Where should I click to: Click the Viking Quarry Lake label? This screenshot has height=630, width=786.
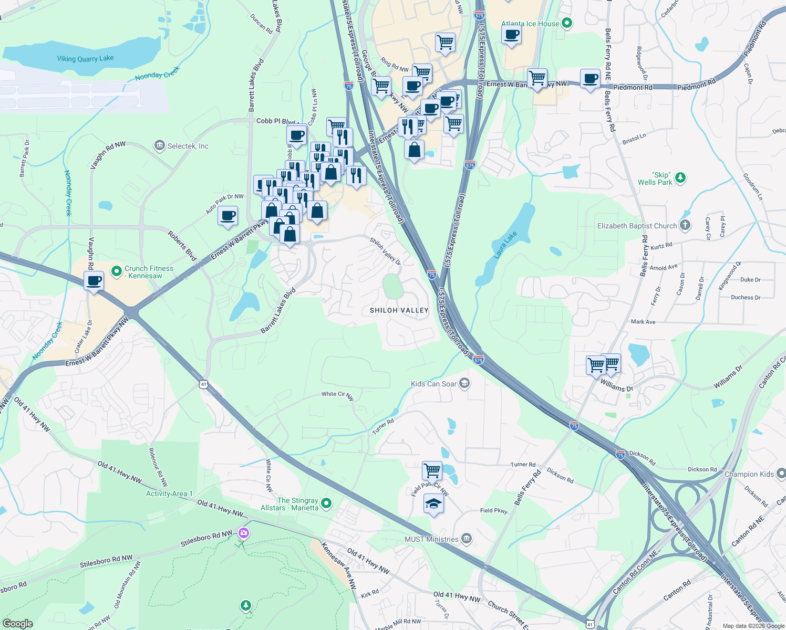pyautogui.click(x=85, y=58)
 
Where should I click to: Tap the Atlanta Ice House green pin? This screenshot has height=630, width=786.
pyautogui.click(x=566, y=23)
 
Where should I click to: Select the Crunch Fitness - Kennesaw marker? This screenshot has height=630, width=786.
pyautogui.click(x=117, y=271)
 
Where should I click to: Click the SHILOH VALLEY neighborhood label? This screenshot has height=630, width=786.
pyautogui.click(x=399, y=310)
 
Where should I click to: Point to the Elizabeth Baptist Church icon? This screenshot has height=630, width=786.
pyautogui.click(x=685, y=226)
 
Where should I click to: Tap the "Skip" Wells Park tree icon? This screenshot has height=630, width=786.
pyautogui.click(x=680, y=178)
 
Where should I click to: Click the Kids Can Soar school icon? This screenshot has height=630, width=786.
pyautogui.click(x=464, y=384)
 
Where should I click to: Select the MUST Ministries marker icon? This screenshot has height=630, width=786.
pyautogui.click(x=466, y=539)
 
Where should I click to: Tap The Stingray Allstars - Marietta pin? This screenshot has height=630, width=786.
pyautogui.click(x=326, y=504)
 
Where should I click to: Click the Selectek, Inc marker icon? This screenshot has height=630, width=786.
pyautogui.click(x=160, y=145)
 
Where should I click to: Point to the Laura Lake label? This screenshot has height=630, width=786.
pyautogui.click(x=505, y=245)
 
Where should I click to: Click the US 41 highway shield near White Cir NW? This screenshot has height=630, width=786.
pyautogui.click(x=204, y=384)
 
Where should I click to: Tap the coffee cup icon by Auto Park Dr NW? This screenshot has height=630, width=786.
pyautogui.click(x=228, y=215)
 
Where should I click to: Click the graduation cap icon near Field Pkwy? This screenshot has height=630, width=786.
pyautogui.click(x=433, y=504)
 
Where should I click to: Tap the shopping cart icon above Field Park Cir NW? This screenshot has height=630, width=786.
pyautogui.click(x=432, y=470)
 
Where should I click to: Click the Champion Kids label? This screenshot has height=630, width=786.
pyautogui.click(x=749, y=474)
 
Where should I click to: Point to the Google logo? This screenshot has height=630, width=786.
pyautogui.click(x=18, y=623)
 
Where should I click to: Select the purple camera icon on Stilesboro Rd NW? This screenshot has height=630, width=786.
pyautogui.click(x=243, y=533)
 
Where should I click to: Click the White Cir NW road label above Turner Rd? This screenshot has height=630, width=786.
pyautogui.click(x=338, y=395)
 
